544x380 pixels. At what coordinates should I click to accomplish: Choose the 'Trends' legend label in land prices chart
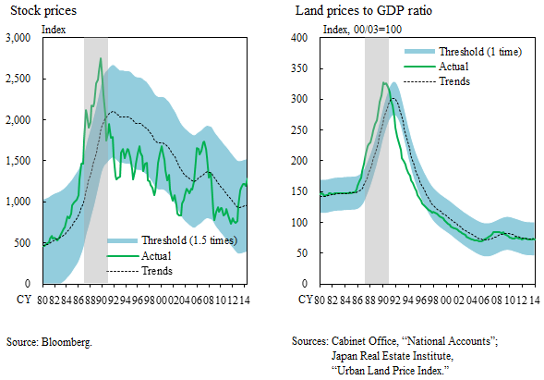coord(454,81)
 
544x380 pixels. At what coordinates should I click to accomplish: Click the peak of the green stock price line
coord(100,59)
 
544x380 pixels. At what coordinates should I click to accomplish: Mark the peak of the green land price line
coord(383,83)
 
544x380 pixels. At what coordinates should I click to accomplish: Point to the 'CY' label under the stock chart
coord(23,300)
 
